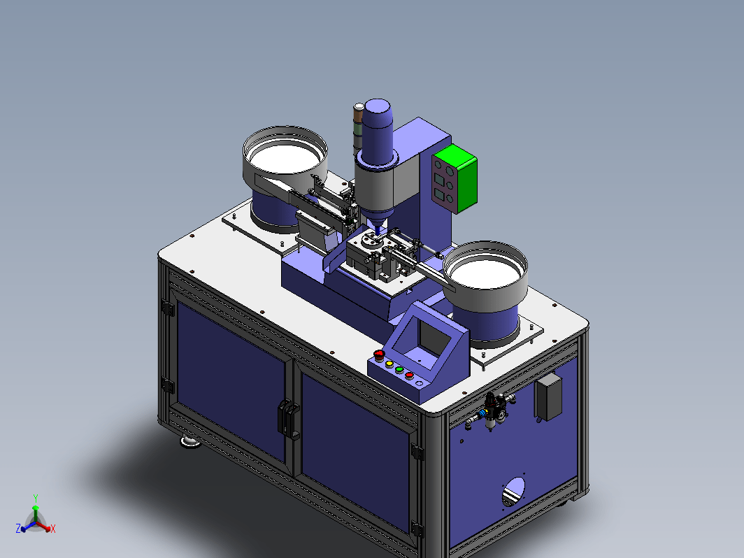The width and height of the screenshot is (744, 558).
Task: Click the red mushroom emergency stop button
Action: (379, 354)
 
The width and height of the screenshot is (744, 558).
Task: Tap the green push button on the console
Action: (399, 369)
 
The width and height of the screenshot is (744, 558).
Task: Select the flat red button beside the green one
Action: (409, 375)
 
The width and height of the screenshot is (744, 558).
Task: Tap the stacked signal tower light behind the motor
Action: (358, 128)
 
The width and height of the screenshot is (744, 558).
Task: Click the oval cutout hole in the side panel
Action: (513, 492)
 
